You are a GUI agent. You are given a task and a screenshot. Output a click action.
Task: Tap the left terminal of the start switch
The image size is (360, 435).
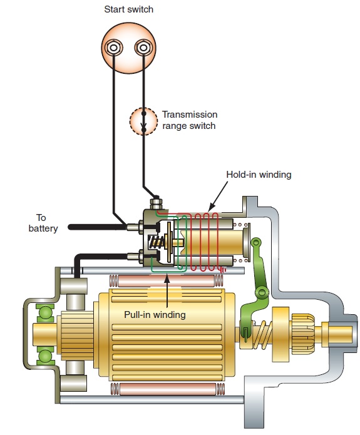click(115, 48)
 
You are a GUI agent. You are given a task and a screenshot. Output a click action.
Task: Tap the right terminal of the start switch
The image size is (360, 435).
click(142, 48)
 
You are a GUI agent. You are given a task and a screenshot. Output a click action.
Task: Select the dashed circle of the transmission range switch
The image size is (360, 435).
click(144, 121)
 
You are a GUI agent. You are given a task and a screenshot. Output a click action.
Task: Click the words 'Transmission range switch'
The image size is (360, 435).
click(190, 120)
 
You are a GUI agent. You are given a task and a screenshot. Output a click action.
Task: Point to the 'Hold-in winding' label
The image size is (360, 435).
click(259, 175)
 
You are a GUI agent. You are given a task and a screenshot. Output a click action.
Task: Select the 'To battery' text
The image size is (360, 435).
click(43, 223)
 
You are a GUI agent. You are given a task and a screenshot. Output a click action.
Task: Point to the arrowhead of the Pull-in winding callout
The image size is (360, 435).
click(168, 275)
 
